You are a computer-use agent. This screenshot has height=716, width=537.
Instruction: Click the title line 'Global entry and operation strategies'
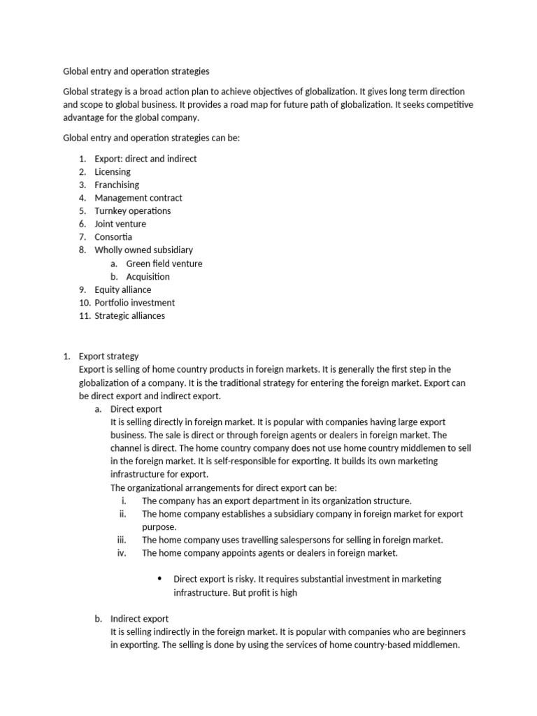tap(136, 71)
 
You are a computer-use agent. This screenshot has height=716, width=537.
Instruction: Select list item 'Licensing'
tap(113, 171)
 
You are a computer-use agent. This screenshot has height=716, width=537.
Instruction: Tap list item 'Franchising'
tap(117, 185)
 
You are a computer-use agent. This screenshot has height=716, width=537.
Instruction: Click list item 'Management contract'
tap(138, 198)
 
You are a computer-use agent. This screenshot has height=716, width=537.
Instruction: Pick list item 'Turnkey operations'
tap(133, 210)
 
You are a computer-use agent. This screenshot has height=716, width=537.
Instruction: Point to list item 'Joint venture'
tap(120, 224)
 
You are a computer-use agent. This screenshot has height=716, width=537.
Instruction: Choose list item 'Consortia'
tap(113, 237)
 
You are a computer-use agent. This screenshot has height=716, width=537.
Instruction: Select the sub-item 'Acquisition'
tap(148, 276)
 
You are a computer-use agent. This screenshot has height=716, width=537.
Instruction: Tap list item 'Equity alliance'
tap(123, 289)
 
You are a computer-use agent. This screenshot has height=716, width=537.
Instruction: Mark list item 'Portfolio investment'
tap(135, 303)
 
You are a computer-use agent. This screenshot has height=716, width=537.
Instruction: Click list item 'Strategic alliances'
tap(130, 315)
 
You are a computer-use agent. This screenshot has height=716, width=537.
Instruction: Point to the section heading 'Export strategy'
tap(109, 357)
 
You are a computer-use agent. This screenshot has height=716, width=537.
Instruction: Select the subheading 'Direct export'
tap(136, 409)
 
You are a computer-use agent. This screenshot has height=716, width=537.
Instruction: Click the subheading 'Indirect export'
tap(139, 619)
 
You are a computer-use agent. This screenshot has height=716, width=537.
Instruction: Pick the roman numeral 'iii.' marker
tap(122, 540)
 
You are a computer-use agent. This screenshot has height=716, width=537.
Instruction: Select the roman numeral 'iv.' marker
tap(122, 553)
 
